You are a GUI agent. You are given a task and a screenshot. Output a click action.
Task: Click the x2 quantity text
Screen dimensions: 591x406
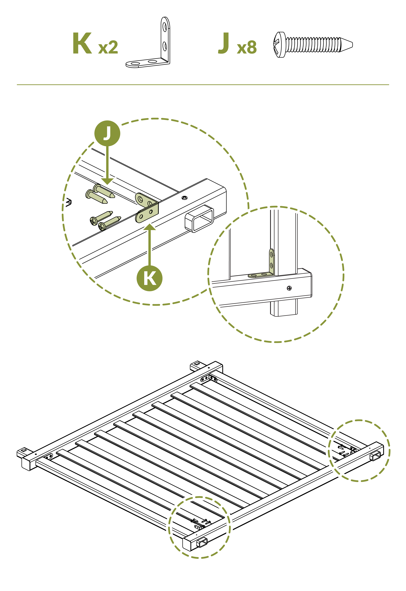tap(108, 47)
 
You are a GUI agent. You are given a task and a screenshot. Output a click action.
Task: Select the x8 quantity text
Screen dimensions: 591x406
tap(247, 47)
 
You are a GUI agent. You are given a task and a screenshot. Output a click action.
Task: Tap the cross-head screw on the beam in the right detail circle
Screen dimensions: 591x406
tap(289, 288)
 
